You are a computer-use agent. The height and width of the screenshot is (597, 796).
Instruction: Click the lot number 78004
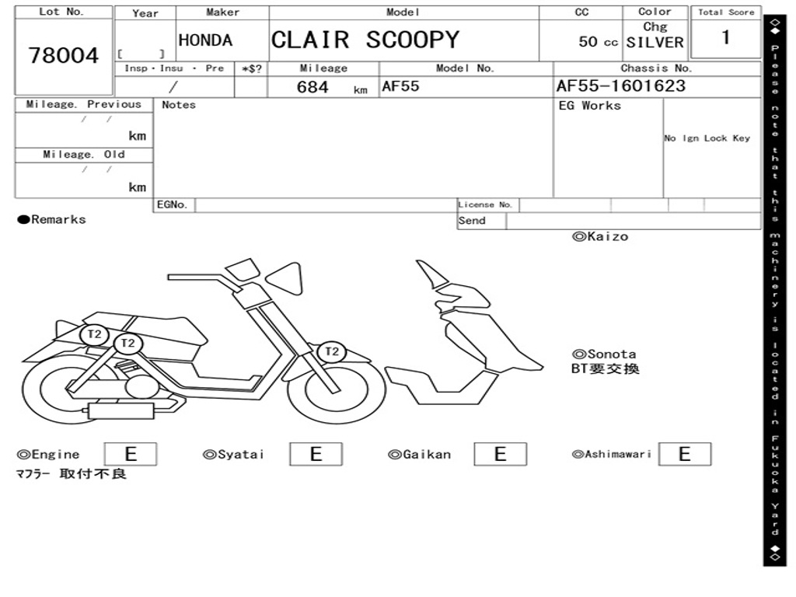tap(64, 55)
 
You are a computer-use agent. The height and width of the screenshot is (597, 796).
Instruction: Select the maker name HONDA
tap(205, 40)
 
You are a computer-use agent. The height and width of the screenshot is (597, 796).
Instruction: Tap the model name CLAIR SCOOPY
tap(365, 40)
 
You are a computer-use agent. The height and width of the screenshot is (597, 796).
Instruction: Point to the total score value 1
tap(726, 37)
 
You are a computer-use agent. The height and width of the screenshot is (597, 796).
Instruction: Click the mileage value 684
tap(312, 87)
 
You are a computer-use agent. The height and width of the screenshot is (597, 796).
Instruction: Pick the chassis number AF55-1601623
tap(621, 86)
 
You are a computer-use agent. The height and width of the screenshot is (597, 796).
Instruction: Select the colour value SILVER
tap(655, 43)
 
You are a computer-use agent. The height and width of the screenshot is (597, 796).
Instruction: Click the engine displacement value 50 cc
tap(598, 42)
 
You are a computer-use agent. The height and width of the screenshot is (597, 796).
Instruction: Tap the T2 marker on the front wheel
tap(331, 351)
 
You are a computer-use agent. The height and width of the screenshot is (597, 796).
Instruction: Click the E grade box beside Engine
tap(131, 454)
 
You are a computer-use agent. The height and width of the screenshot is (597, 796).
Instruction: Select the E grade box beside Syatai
tap(316, 454)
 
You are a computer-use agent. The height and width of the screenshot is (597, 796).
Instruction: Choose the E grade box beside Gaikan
tap(500, 454)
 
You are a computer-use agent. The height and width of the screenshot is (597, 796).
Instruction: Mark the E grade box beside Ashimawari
tap(685, 454)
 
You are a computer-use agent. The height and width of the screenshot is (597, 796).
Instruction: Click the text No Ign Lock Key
tap(707, 138)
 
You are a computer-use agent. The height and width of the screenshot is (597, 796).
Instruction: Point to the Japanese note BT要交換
tap(605, 368)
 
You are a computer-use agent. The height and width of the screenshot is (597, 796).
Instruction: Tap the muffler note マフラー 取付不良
tap(71, 473)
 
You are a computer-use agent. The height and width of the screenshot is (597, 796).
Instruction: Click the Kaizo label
tap(600, 236)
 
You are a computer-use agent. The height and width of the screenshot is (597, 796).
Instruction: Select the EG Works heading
tap(589, 106)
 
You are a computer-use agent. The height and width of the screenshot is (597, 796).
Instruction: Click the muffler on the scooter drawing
tap(122, 410)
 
